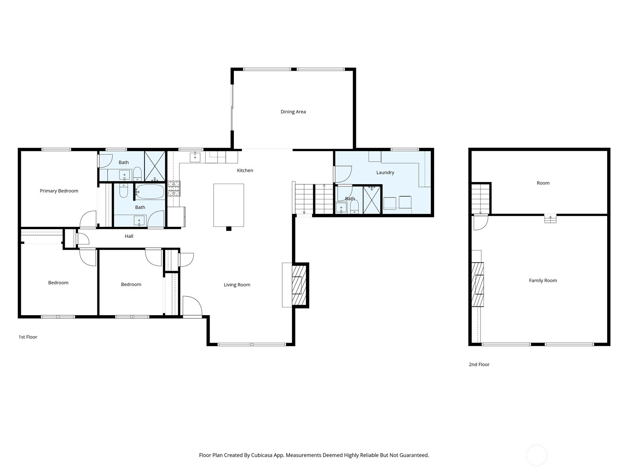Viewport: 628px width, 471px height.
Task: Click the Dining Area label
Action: [293, 111]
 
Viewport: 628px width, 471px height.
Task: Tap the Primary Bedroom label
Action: [59, 191]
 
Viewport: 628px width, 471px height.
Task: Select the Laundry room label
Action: [385, 172]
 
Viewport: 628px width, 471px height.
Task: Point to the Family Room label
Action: [543, 280]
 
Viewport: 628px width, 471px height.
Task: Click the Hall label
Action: [129, 236]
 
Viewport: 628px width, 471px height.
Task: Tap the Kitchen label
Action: [245, 170]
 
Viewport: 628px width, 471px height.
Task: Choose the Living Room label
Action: [237, 285]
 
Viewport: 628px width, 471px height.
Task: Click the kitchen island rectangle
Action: [228, 205]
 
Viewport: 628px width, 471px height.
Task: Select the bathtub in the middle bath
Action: [150, 191]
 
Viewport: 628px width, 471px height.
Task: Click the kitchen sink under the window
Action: [195, 157]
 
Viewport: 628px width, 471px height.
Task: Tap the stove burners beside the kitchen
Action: [173, 188]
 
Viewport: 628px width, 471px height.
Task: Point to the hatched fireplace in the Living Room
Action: [299, 285]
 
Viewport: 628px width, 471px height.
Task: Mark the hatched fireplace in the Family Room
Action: [478, 285]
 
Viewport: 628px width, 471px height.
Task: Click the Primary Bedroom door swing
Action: [88, 220]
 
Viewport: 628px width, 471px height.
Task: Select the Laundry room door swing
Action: [343, 174]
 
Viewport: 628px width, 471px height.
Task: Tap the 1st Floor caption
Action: [28, 337]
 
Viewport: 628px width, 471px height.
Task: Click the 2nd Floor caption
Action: [479, 364]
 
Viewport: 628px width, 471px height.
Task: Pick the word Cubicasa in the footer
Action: [262, 455]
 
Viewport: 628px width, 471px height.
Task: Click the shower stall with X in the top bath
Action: [155, 166]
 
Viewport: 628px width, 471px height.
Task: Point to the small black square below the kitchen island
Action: [228, 228]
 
